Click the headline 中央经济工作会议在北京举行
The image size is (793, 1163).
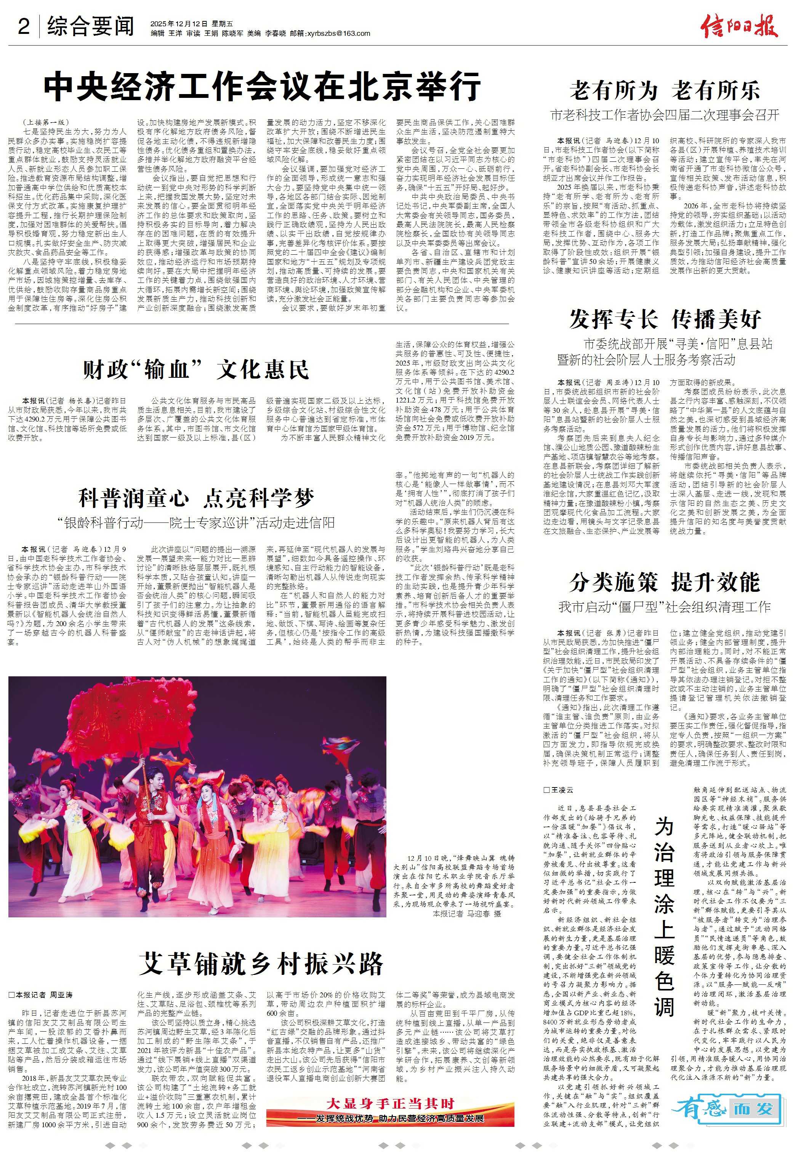tap(262, 88)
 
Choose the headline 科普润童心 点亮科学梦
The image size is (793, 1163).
tap(196, 498)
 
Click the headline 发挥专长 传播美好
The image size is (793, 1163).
tap(665, 319)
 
